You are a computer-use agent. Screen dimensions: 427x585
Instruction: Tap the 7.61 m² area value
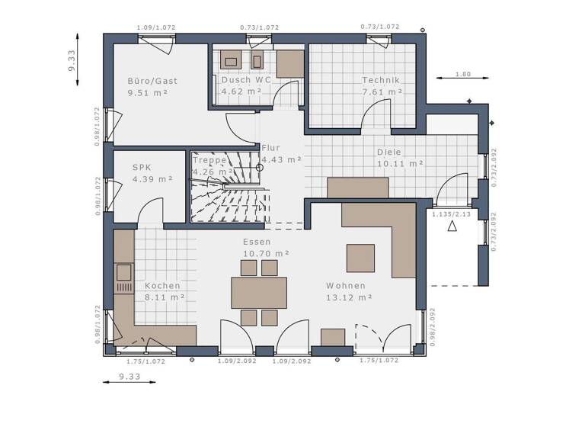pyautogui.click(x=382, y=91)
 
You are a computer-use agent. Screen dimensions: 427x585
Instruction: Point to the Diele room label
pyautogui.click(x=388, y=152)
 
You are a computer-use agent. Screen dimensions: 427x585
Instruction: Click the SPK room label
pyautogui.click(x=142, y=167)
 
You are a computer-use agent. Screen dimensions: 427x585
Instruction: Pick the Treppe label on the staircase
pyautogui.click(x=209, y=161)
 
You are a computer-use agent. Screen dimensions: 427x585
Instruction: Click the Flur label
pyautogui.click(x=270, y=148)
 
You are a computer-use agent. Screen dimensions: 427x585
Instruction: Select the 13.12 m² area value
pyautogui.click(x=348, y=297)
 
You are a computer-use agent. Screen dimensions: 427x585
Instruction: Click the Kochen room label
pyautogui.click(x=162, y=286)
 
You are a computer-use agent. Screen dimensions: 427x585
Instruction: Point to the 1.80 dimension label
pyautogui.click(x=462, y=74)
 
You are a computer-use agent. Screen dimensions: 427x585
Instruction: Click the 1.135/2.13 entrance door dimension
pyautogui.click(x=451, y=215)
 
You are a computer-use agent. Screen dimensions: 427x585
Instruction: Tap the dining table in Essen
pyautogui.click(x=259, y=293)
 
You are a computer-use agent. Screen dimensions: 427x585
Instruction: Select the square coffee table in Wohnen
pyautogui.click(x=360, y=258)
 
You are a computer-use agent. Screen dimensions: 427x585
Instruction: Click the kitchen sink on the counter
pyautogui.click(x=123, y=272)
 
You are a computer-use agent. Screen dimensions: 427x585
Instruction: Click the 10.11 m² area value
pyautogui.click(x=400, y=163)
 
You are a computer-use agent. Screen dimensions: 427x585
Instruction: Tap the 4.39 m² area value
pyautogui.click(x=152, y=179)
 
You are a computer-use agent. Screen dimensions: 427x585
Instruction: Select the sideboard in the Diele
pyautogui.click(x=357, y=188)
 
